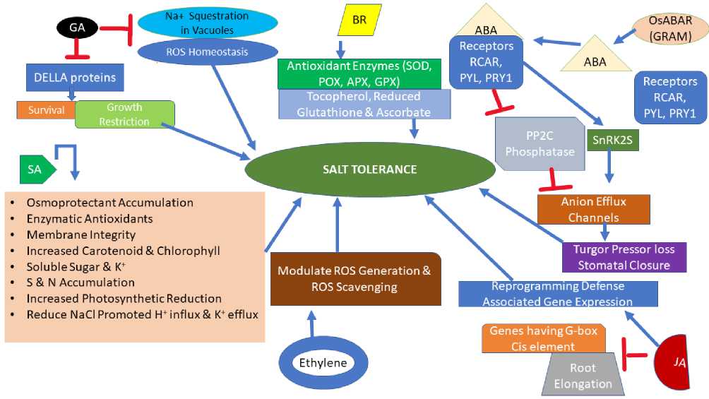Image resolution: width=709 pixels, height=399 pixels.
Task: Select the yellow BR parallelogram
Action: coord(359,19)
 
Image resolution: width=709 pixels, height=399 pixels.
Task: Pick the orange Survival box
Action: coord(47,110)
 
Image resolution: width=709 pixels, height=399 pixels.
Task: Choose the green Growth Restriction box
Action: coord(124,114)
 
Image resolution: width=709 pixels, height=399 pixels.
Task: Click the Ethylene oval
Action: coord(323,363)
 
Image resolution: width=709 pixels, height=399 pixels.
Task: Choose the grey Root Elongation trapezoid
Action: coord(583,376)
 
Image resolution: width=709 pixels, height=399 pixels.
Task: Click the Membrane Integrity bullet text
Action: coord(81,234)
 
